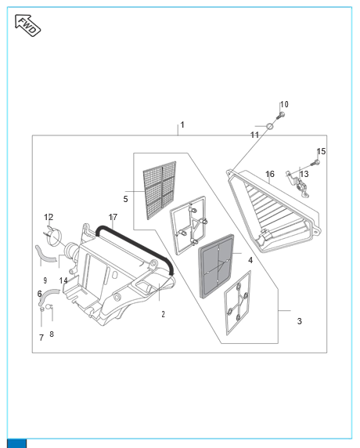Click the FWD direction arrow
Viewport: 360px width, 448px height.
tap(27, 25)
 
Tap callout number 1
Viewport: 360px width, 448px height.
tap(182, 125)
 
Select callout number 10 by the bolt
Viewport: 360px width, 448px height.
tap(284, 104)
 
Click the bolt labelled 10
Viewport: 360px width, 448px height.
tap(280, 116)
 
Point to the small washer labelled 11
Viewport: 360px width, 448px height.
tap(270, 126)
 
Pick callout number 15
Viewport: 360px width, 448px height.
tap(321, 151)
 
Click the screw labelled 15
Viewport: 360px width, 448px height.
tap(315, 163)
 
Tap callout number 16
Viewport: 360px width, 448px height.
tap(270, 174)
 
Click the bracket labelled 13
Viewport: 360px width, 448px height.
tap(298, 185)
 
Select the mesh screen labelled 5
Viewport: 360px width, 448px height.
tap(160, 190)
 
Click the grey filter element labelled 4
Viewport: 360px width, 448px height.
tap(216, 266)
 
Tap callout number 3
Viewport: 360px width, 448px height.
tap(299, 321)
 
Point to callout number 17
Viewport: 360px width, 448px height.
tap(113, 217)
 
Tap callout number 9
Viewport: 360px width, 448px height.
tap(45, 280)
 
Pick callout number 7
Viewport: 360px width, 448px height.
tap(41, 338)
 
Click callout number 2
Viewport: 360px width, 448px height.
tap(163, 314)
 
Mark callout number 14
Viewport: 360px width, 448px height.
tap(63, 280)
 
